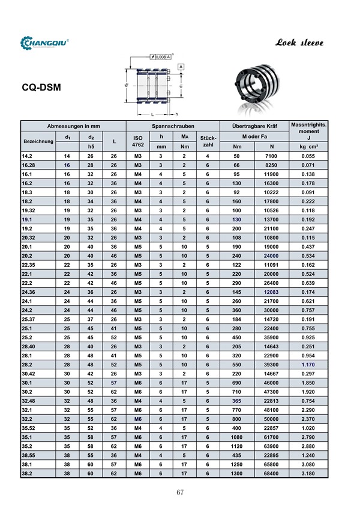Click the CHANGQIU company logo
[x=46, y=43]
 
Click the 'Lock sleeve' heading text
[x=299, y=43]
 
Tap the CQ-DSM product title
[x=41, y=87]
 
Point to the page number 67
[x=179, y=492]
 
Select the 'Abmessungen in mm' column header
[x=73, y=127]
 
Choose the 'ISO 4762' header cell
[x=138, y=141]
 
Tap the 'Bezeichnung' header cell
[x=38, y=141]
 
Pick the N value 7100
[x=271, y=156]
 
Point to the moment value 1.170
[x=308, y=364]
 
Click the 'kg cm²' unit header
[x=308, y=146]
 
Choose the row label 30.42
[x=28, y=374]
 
